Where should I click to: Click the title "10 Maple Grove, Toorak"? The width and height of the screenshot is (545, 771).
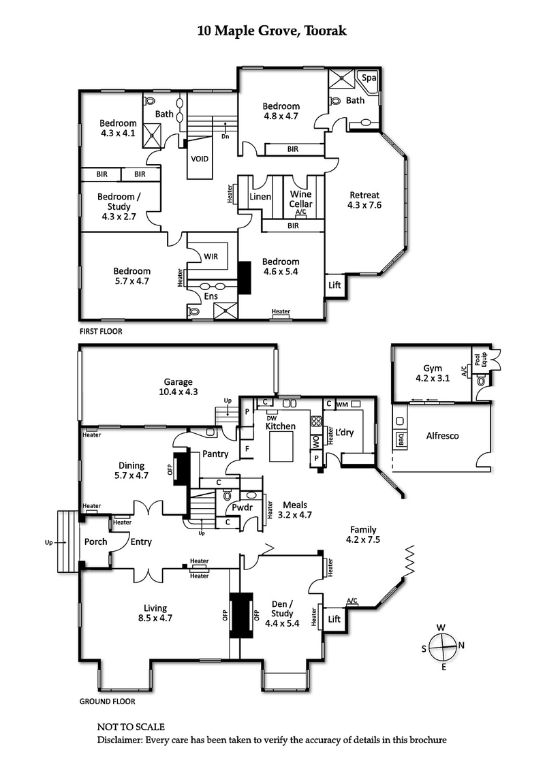pos(272,31)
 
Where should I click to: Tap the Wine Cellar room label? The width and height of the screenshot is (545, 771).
pos(300,200)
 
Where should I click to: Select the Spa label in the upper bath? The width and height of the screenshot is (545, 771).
pos(369,78)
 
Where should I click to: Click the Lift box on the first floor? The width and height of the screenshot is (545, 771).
pos(334,285)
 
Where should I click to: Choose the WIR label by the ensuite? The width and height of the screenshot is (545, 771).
pos(211,256)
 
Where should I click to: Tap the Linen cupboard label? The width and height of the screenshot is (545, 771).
pos(260,197)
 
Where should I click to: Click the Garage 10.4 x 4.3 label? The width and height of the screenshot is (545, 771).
pos(178,387)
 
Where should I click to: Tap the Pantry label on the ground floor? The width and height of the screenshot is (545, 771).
pos(214,454)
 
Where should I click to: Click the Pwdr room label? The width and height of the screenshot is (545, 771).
pos(243,507)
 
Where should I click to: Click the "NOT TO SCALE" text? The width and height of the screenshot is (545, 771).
pos(131,727)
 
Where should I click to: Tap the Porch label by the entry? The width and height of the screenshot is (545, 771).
pos(96,542)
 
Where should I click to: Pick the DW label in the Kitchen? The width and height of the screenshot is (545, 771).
pos(271,418)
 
